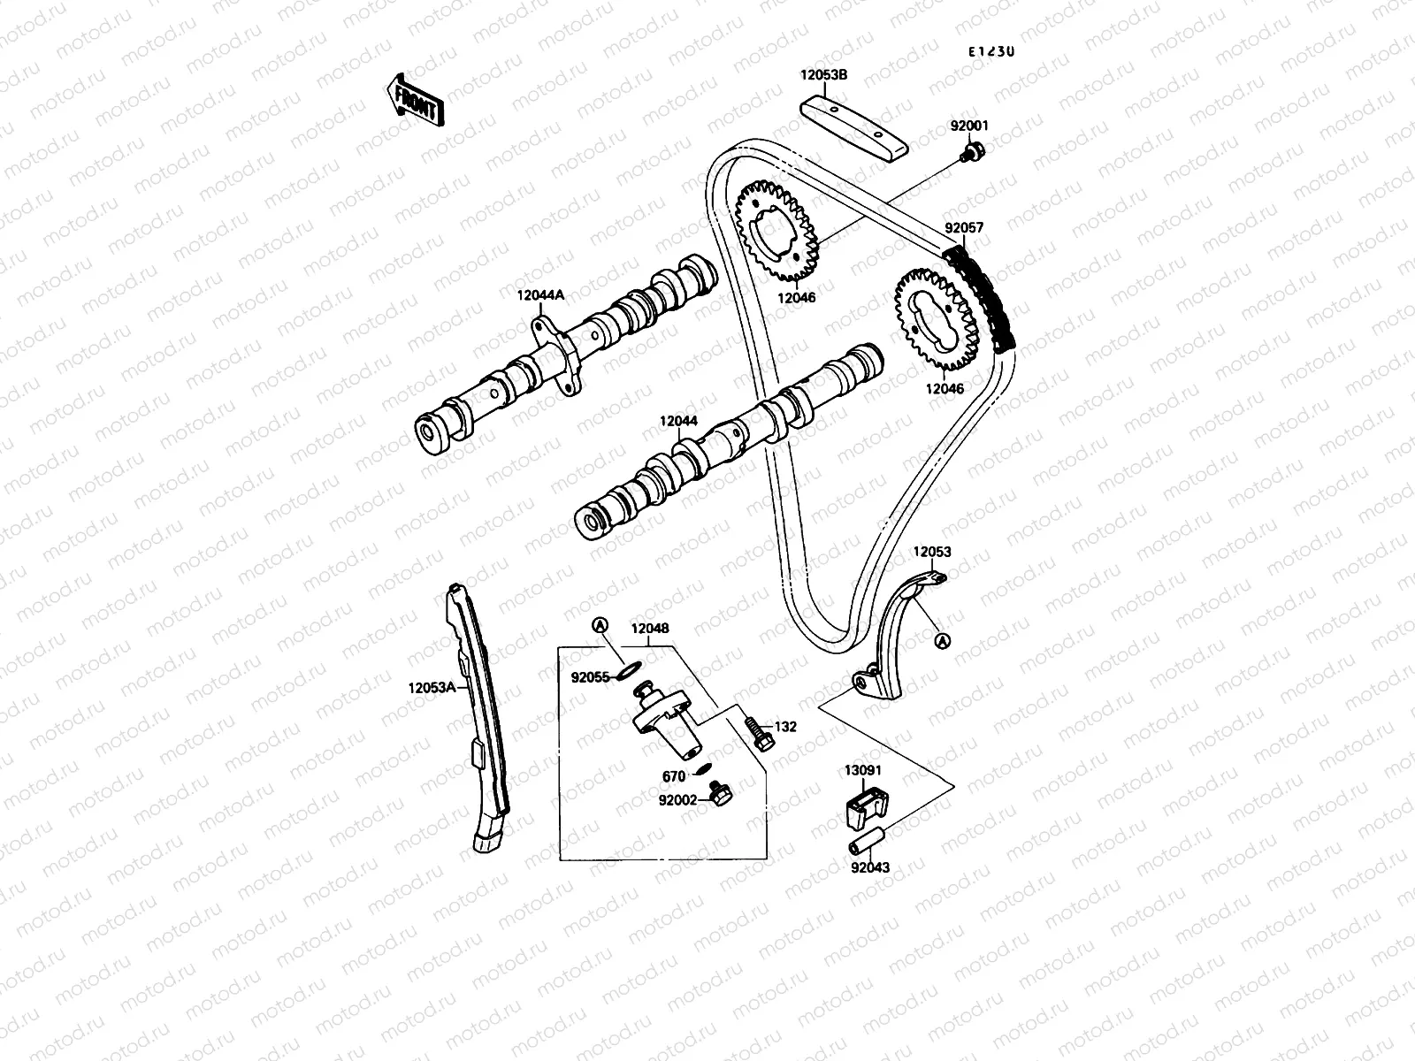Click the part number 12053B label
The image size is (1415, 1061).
824,76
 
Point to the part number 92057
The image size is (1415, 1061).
964,228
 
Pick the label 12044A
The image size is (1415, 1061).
541,297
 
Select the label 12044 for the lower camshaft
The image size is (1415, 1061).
678,423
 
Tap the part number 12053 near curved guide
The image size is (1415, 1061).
932,552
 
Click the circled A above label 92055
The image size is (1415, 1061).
600,627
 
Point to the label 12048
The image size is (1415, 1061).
649,630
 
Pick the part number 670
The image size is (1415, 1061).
674,777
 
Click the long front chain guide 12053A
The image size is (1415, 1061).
478,716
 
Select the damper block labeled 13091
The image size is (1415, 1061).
859,807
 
